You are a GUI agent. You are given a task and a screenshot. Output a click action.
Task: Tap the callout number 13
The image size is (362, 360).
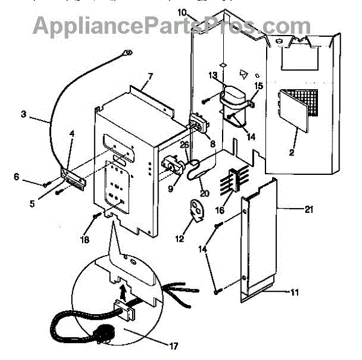tap(212, 75)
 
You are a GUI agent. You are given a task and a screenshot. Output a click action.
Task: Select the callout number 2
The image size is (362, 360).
tap(291, 153)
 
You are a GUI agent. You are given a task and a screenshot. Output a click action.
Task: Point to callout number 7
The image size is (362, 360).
tap(150, 77)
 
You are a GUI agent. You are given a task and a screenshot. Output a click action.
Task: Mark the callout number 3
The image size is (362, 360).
tap(24, 113)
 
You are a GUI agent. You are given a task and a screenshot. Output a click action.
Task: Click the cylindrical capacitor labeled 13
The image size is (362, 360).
tap(231, 96)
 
